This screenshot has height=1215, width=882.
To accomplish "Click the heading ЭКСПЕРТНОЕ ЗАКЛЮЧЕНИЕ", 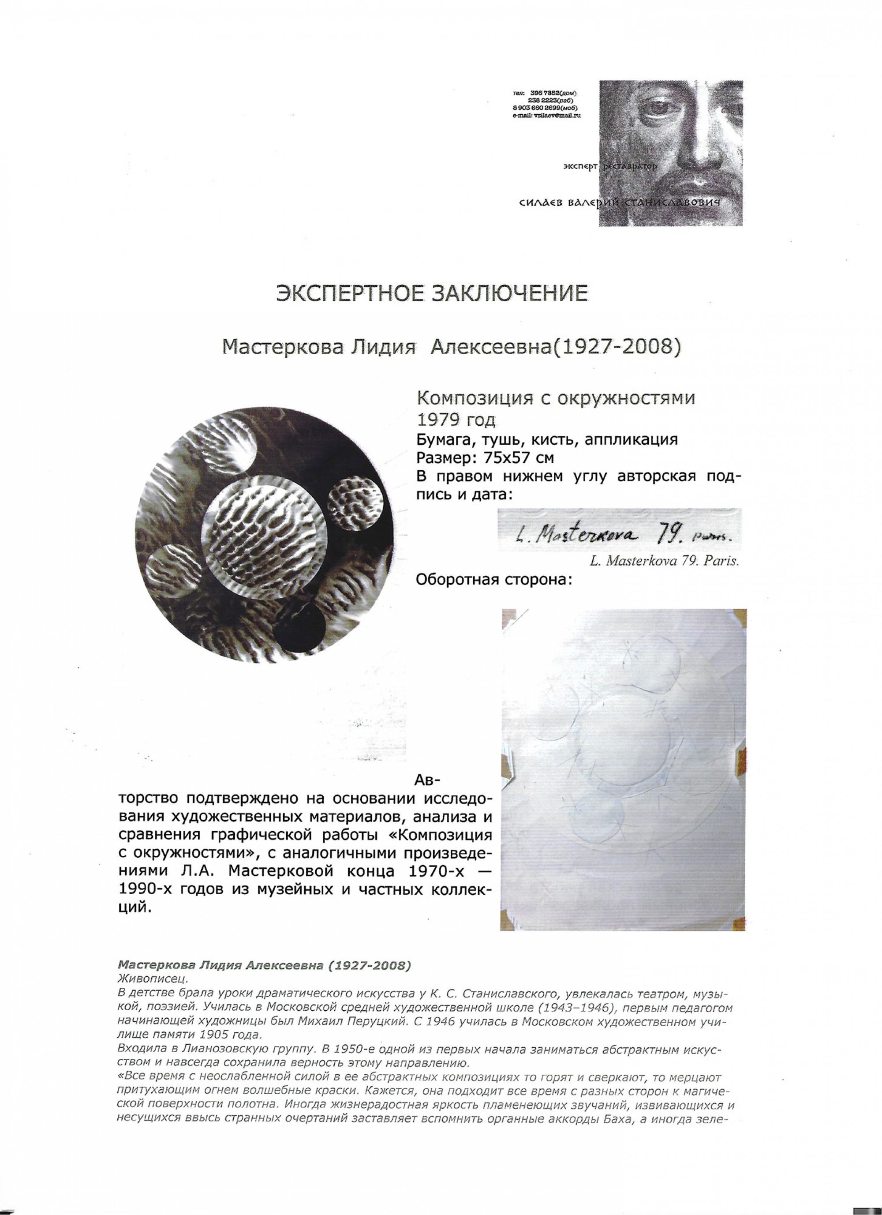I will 431,293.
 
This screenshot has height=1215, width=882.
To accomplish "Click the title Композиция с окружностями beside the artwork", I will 557,398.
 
